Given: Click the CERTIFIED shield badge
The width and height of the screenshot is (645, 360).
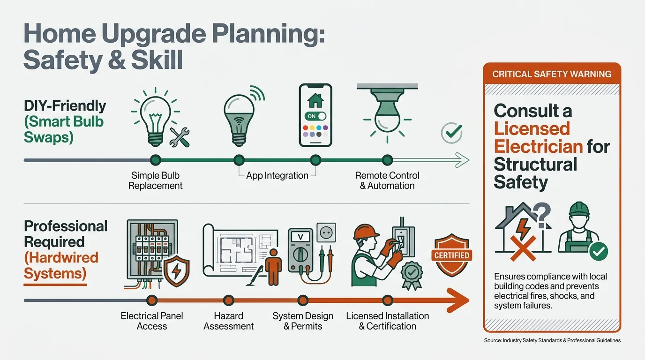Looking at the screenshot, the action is click(451, 255).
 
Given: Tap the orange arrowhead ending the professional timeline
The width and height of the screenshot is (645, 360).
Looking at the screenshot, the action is click(458, 300).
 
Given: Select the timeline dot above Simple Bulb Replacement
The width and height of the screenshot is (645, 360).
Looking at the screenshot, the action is click(156, 160).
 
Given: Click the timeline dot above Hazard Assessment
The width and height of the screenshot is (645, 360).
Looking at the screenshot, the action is click(228, 300).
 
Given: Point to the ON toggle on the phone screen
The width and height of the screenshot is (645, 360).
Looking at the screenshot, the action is click(315, 116).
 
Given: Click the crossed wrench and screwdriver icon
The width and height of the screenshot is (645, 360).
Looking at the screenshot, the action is click(180, 137).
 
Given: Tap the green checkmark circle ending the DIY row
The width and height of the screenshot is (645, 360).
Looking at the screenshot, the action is click(452, 133).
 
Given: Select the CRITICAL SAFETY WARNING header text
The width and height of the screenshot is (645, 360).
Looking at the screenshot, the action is click(552, 74).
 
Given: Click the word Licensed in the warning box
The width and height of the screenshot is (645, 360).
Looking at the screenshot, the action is click(532, 128).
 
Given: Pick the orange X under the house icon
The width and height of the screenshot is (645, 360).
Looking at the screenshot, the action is click(523, 248).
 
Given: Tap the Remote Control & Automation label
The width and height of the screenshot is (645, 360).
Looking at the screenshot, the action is click(387, 180).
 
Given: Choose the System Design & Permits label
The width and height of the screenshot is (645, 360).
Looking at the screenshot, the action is click(303, 321).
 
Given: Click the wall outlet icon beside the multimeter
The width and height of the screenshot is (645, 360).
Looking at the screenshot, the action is click(326, 232).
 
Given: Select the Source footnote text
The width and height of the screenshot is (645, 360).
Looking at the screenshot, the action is click(552, 340).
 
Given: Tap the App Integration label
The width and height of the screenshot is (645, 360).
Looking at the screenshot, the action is click(277, 175).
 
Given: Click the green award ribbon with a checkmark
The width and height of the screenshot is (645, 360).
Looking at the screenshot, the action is click(412, 275).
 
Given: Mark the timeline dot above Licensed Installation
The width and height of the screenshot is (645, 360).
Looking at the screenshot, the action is click(387, 300).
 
